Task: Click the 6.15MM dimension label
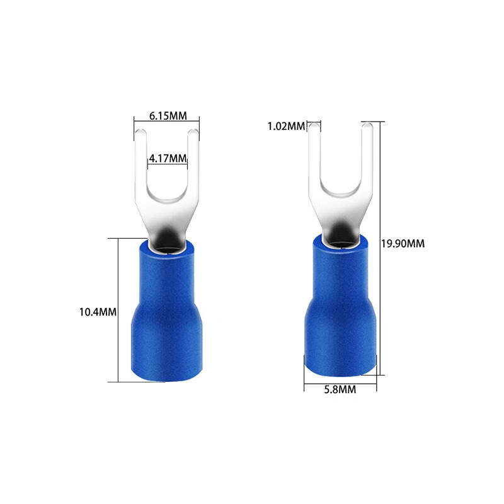(x=167, y=116)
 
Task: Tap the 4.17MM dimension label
(x=168, y=158)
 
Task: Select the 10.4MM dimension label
(x=97, y=311)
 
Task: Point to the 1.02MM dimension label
(x=285, y=126)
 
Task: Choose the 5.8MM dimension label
(x=340, y=390)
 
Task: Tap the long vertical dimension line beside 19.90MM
(x=382, y=189)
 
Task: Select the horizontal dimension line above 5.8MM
(x=340, y=381)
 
